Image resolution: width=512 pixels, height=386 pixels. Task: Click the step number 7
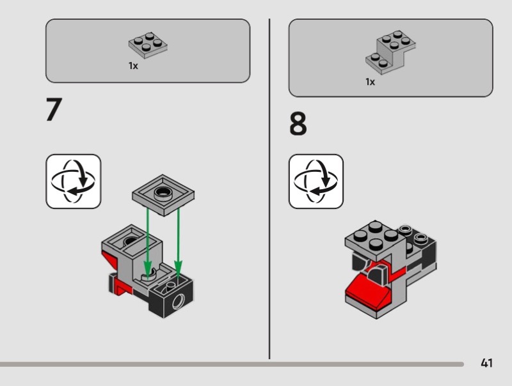point(54,110)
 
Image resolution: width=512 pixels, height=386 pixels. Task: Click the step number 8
point(298,125)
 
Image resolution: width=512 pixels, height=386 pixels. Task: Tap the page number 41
point(486,364)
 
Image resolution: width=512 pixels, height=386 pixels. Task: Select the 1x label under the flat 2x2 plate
point(133,66)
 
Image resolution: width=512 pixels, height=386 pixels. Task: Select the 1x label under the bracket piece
point(370,82)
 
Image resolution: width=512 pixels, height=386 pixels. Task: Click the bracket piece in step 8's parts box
point(390,51)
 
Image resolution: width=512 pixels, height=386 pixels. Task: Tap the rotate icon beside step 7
point(73,181)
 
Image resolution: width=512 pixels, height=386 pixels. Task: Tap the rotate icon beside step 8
point(316,181)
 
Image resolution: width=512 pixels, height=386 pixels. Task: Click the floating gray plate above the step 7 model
point(163,193)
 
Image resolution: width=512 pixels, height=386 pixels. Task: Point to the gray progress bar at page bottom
point(230,364)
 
